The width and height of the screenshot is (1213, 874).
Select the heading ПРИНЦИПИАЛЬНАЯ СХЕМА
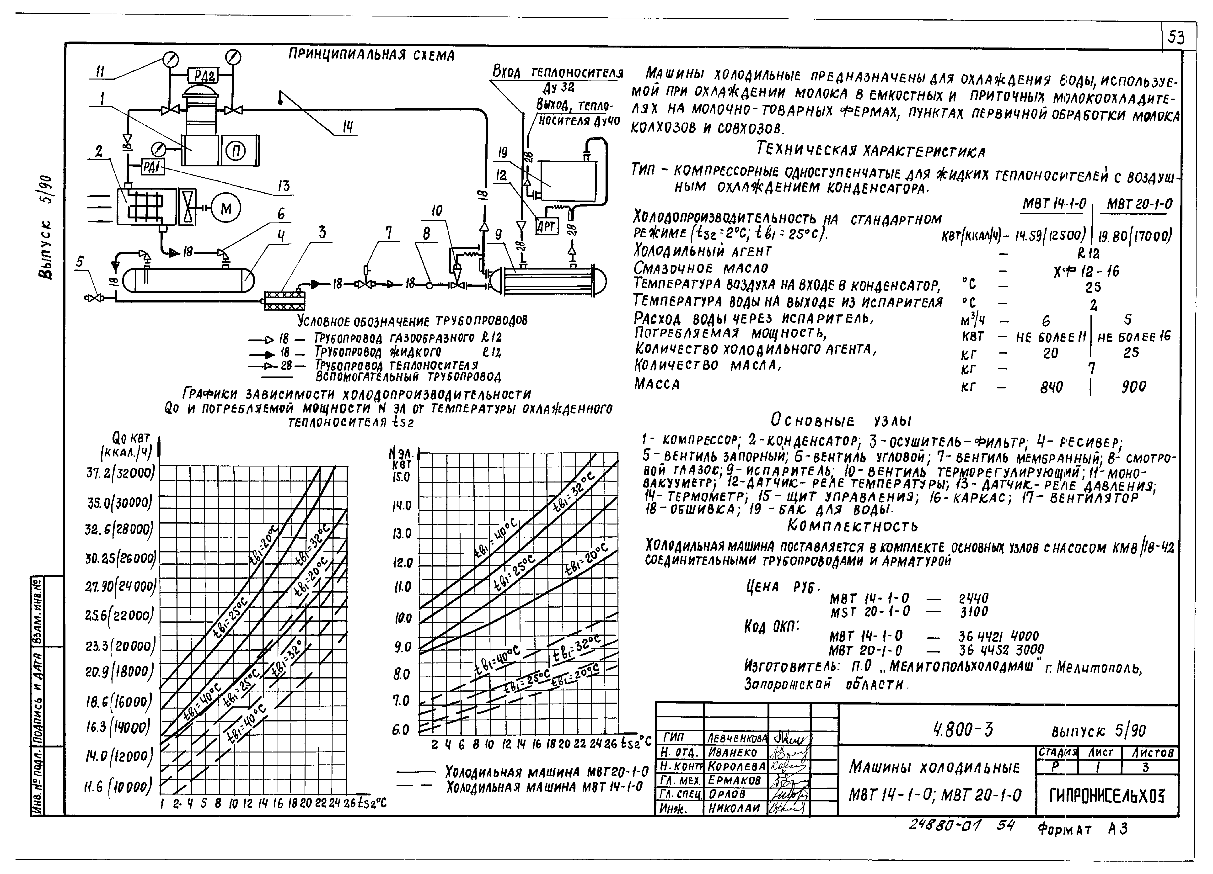click(371, 54)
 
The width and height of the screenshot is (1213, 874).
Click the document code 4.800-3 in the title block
click(963, 730)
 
